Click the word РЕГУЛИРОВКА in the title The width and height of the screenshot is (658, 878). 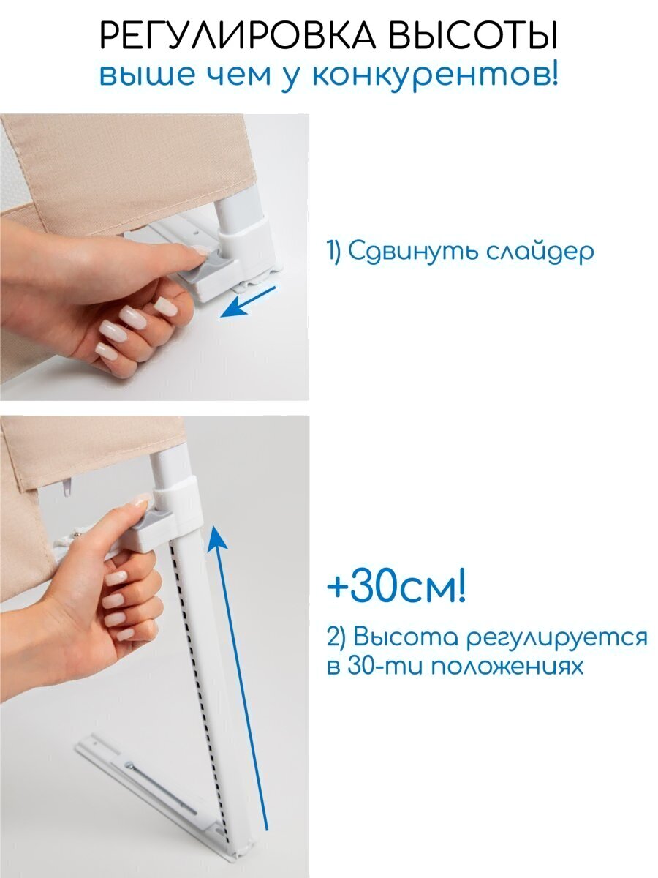pyautogui.click(x=237, y=36)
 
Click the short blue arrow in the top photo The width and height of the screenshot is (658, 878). pyautogui.click(x=248, y=301)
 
